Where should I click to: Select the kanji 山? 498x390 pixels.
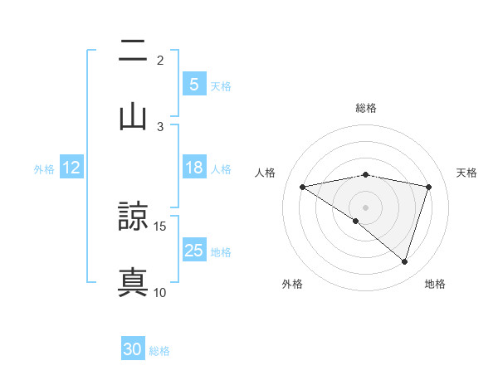(133, 116)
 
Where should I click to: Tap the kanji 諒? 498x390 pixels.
(133, 217)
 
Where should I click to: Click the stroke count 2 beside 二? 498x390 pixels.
(160, 61)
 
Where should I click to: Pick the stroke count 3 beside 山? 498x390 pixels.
(160, 126)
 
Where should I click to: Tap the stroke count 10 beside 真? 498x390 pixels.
(160, 292)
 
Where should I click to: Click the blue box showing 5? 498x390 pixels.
(193, 84)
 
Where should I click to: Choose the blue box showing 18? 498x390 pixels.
(193, 168)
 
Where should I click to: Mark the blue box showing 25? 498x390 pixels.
(193, 250)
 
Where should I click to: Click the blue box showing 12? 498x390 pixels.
(71, 168)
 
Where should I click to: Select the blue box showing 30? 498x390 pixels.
(133, 349)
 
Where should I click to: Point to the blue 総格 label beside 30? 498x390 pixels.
(160, 351)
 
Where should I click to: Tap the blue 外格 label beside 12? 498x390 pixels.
(44, 169)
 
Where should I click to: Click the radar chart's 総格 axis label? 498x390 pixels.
(365, 108)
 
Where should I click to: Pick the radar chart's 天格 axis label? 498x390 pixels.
(467, 173)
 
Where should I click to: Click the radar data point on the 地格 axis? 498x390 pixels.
(404, 261)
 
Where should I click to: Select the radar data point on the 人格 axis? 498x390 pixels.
(302, 187)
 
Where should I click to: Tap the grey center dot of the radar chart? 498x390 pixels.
(365, 207)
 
